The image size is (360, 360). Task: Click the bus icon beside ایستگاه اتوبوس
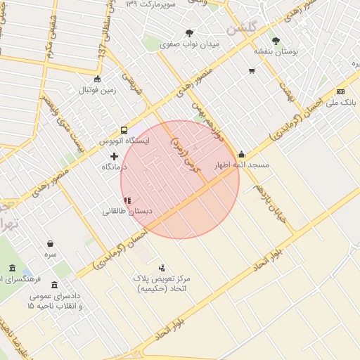pos(124,130)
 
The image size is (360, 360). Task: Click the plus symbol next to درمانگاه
pos(115,155)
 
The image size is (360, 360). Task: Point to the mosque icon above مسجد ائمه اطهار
pos(242,155)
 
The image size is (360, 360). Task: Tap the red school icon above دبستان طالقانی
pos(127,200)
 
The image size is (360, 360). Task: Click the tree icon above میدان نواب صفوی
pos(189,33)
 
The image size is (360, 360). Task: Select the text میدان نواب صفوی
pos(190,44)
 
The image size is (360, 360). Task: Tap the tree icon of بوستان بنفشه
pos(275,41)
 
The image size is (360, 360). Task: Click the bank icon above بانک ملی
pos(341,91)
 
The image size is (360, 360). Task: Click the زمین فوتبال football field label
pos(97,90)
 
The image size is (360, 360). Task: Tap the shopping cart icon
pos(252,71)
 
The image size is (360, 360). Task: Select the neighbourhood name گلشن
pos(241,29)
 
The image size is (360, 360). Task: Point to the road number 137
pos(103,53)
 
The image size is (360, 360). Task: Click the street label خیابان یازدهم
pos(271,190)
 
